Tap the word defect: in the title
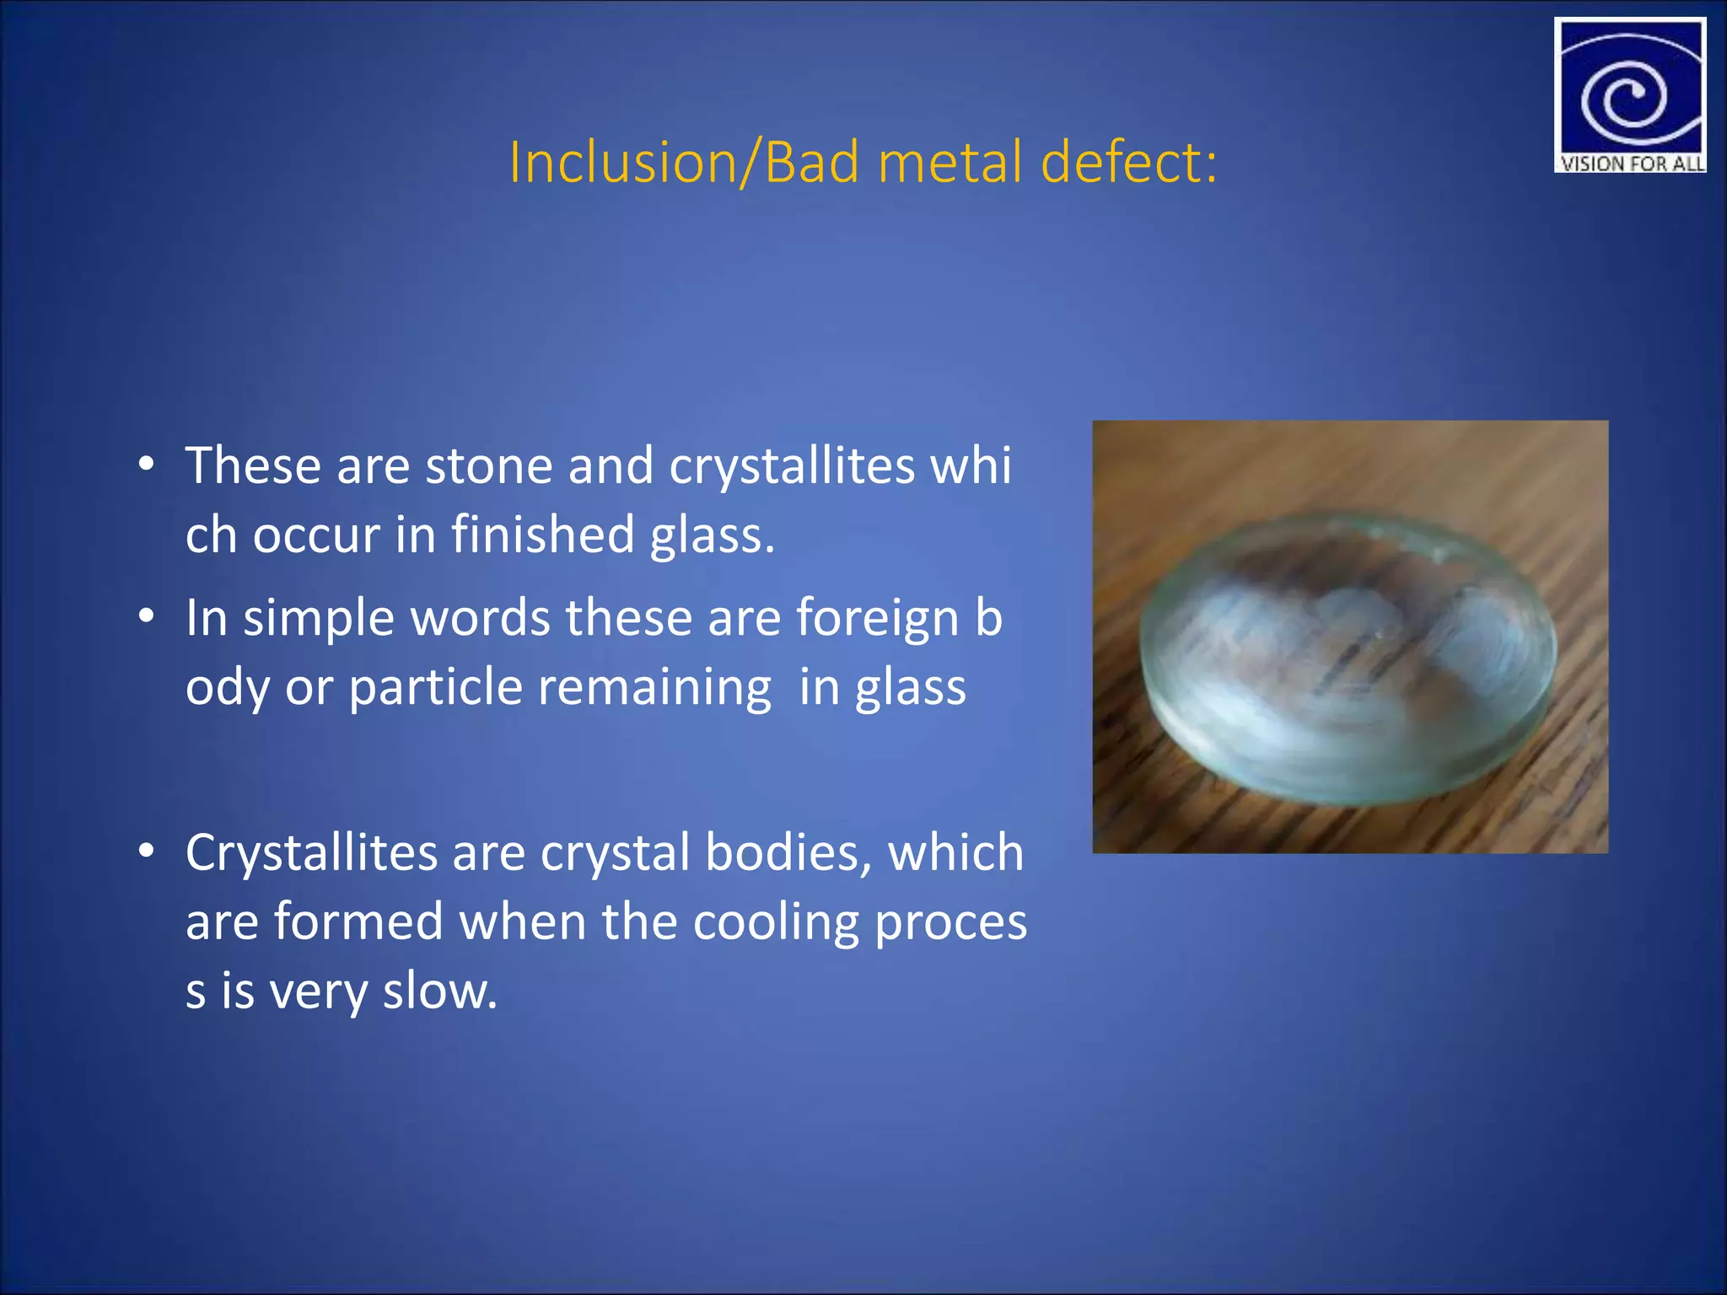[x=1129, y=162]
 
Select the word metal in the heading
[x=950, y=162]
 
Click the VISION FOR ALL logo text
[x=1630, y=164]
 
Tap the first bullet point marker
[x=147, y=465]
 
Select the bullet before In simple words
[x=147, y=617]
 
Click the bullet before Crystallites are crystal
[x=147, y=852]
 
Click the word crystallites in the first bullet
[x=791, y=465]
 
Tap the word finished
[x=542, y=535]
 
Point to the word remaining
[x=654, y=687]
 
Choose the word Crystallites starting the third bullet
[x=311, y=852]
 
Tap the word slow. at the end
[x=440, y=991]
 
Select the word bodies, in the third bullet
[x=788, y=852]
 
